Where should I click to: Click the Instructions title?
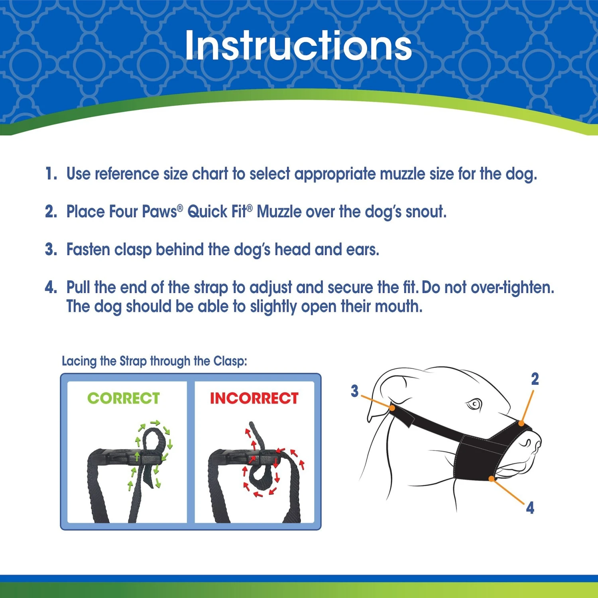point(298,46)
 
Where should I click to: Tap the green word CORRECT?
point(124,398)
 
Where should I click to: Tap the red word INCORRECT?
point(254,398)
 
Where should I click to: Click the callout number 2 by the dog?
point(535,379)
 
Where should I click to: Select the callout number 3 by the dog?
point(354,391)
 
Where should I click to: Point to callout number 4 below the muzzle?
point(530,508)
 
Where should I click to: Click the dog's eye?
point(474,405)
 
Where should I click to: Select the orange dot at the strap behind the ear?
point(392,408)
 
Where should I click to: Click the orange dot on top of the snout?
point(521,423)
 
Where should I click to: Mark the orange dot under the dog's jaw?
point(492,478)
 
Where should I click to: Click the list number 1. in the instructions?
point(51,174)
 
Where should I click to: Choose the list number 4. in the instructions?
point(51,287)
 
